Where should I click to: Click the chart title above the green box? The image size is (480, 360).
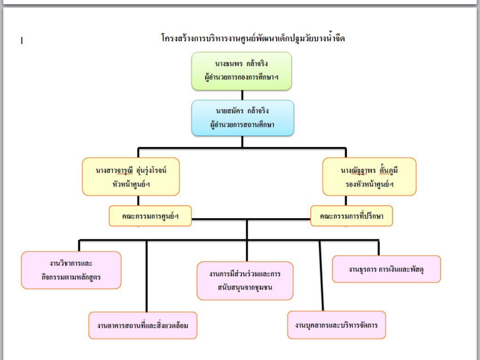tap(253, 38)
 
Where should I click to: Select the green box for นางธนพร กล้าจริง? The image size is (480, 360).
tap(241, 71)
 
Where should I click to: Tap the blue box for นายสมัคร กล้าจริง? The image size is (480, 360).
tap(242, 118)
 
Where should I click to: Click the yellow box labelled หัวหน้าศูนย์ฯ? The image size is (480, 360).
tap(131, 177)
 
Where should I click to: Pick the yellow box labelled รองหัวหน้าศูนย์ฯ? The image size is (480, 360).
tap(369, 177)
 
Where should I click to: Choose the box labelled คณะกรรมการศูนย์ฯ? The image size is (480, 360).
tap(150, 216)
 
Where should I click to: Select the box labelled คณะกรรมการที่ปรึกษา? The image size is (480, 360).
tap(351, 216)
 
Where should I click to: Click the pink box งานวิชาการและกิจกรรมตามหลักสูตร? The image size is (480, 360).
tap(71, 270)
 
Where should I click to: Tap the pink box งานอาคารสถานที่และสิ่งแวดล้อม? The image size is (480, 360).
tap(142, 325)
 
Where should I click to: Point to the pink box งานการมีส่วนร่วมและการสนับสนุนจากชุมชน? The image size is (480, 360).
tap(245, 280)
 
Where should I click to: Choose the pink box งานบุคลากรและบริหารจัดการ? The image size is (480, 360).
tap(337, 325)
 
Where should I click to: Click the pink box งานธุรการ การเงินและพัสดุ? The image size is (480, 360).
tap(386, 269)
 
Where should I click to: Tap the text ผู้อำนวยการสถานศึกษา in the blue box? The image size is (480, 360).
tap(242, 125)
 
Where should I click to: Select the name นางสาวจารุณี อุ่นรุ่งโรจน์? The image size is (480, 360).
tap(131, 170)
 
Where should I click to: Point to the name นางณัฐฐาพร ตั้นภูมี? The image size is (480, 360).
tap(369, 170)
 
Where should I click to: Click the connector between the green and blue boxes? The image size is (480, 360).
tap(242, 95)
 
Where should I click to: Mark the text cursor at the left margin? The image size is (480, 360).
tap(22, 41)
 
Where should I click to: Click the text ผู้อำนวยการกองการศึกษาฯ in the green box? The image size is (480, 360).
tap(242, 78)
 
